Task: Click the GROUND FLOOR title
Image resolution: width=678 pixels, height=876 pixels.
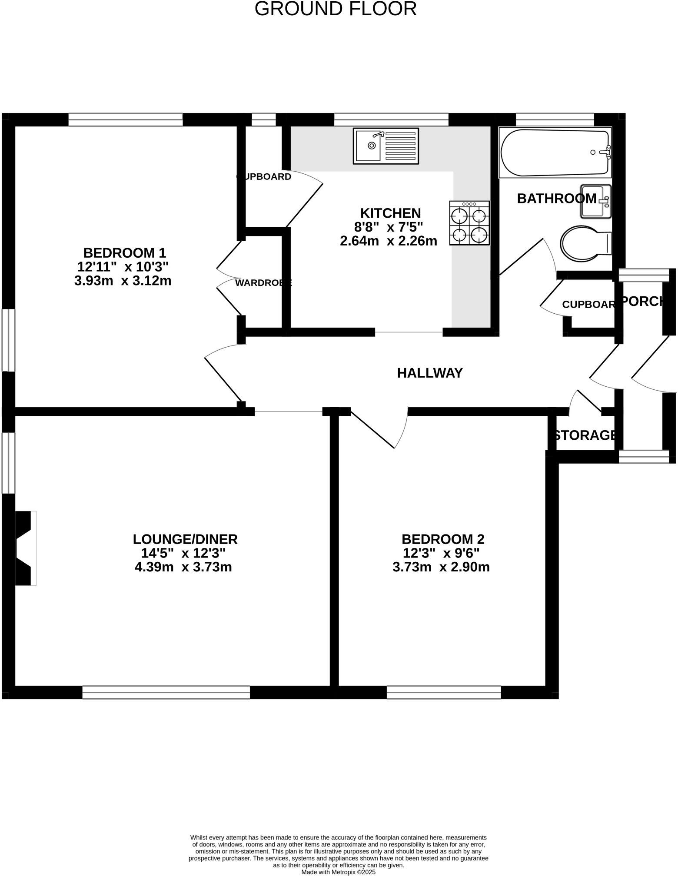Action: click(x=335, y=9)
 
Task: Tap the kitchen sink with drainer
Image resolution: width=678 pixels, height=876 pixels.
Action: click(x=386, y=146)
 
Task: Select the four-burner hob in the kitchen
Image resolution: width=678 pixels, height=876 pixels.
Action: click(x=469, y=223)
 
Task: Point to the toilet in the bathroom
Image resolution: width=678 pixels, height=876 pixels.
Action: click(x=585, y=244)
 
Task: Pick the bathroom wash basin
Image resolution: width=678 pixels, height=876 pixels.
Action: click(x=595, y=201)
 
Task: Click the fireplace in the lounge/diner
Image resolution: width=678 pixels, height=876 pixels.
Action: click(x=25, y=548)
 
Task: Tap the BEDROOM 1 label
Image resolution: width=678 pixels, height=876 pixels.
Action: click(x=125, y=252)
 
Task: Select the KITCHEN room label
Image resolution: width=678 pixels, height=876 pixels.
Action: click(x=390, y=213)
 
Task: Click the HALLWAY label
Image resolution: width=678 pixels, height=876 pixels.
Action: click(x=430, y=373)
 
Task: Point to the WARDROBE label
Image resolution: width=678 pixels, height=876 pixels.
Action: click(x=263, y=283)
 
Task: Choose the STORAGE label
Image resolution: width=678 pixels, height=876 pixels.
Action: click(x=585, y=435)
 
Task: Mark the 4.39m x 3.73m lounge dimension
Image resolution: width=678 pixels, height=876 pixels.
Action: click(x=183, y=567)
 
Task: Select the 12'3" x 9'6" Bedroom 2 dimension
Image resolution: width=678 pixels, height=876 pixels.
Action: click(x=441, y=553)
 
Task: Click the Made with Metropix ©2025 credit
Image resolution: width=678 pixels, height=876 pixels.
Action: click(x=339, y=872)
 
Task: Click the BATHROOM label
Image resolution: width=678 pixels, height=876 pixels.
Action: click(x=556, y=199)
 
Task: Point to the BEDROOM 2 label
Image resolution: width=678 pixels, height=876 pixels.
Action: click(x=443, y=539)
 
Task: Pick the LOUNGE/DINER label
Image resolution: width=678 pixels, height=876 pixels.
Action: click(x=185, y=539)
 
